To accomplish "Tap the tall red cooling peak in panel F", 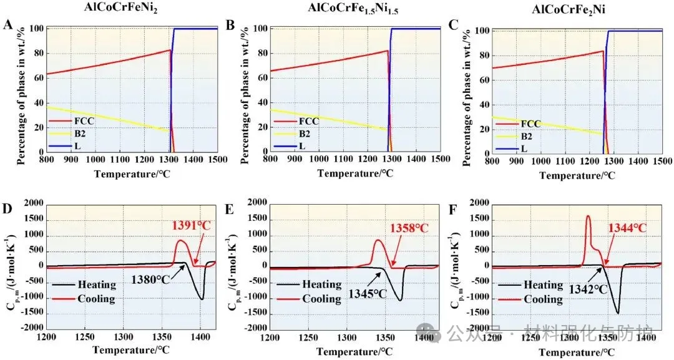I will (588, 217).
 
